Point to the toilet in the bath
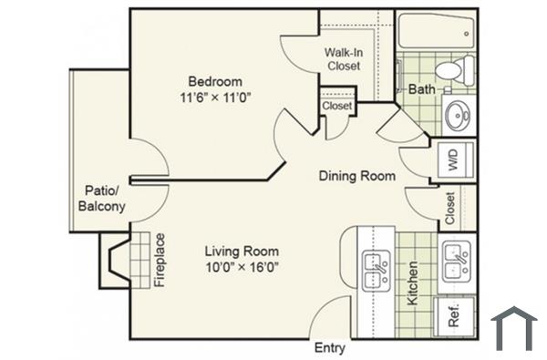click(x=453, y=69)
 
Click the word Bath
click(x=421, y=89)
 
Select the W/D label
click(x=453, y=161)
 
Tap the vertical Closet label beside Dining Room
click(x=450, y=208)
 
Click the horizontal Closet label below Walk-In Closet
click(x=336, y=106)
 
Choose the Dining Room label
click(x=356, y=175)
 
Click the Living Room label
click(x=242, y=251)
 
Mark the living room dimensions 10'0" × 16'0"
click(x=242, y=267)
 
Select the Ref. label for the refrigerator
click(x=453, y=316)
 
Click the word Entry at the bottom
click(x=330, y=347)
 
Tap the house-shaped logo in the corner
click(x=513, y=328)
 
